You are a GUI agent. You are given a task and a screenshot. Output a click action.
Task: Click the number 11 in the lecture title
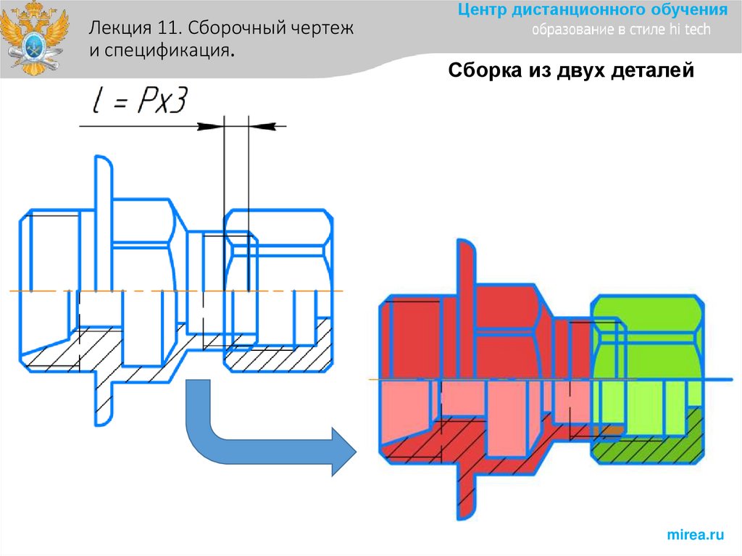[x=164, y=30]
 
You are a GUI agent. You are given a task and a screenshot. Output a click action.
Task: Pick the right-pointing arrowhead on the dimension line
[x=210, y=126]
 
